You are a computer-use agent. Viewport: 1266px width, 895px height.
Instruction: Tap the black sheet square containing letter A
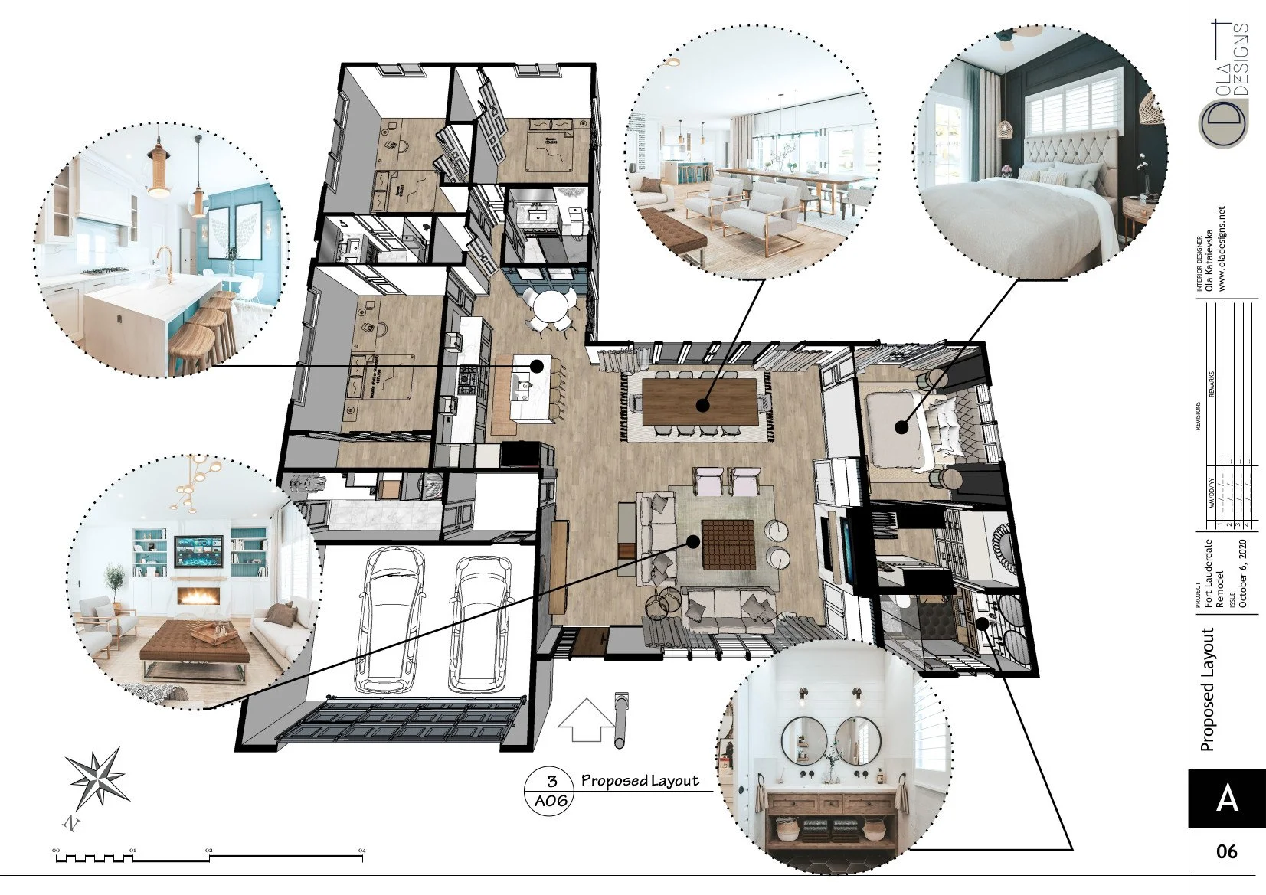click(1226, 798)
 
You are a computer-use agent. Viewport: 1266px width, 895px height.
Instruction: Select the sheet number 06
click(1226, 851)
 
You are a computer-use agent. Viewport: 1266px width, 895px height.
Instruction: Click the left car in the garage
click(389, 620)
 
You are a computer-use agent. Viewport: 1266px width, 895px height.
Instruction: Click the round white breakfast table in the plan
click(550, 308)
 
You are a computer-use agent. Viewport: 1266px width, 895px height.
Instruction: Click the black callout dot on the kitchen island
click(537, 366)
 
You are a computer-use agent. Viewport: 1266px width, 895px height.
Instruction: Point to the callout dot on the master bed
click(902, 426)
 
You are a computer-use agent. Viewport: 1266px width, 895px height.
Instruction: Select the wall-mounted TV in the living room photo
click(199, 550)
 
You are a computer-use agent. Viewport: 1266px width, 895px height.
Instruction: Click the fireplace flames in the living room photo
click(198, 595)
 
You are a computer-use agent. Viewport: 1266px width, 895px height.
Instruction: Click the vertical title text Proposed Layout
click(1208, 689)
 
